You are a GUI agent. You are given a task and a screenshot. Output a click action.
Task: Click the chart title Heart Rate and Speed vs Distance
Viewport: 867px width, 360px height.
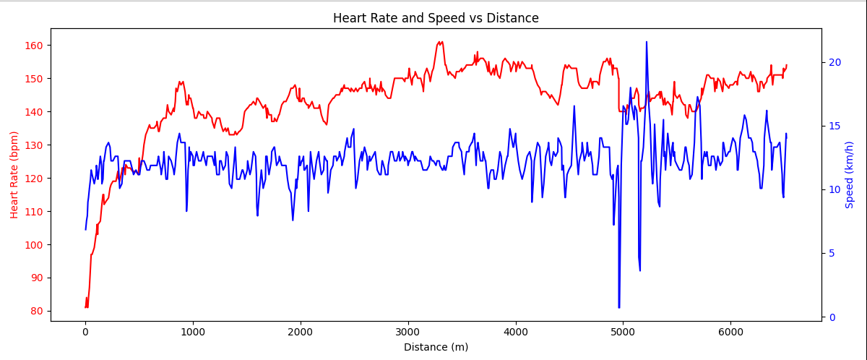click(x=436, y=18)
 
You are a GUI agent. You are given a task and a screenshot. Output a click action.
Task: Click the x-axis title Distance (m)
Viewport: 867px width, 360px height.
click(x=436, y=347)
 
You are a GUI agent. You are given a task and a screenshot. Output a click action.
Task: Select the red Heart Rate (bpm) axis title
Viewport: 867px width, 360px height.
click(x=14, y=174)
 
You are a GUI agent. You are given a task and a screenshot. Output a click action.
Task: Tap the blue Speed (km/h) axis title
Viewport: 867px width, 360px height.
click(x=850, y=174)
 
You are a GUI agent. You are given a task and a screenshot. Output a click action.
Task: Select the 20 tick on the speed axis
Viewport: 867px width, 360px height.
click(x=834, y=62)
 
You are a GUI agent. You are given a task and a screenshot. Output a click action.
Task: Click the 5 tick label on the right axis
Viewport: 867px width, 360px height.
click(x=832, y=253)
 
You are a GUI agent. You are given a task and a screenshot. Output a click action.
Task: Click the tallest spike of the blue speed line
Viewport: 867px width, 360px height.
click(x=646, y=42)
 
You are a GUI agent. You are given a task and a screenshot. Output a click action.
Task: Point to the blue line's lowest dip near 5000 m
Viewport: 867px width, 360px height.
click(x=618, y=307)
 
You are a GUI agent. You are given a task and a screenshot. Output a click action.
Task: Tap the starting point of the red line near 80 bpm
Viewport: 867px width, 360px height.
click(x=85, y=307)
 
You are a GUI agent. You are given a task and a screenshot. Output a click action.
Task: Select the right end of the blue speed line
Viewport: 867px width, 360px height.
click(x=786, y=134)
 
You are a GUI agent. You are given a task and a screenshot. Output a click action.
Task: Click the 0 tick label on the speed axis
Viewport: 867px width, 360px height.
click(x=832, y=317)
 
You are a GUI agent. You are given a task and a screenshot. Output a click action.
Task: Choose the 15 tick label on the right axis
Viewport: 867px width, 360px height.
click(x=834, y=126)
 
